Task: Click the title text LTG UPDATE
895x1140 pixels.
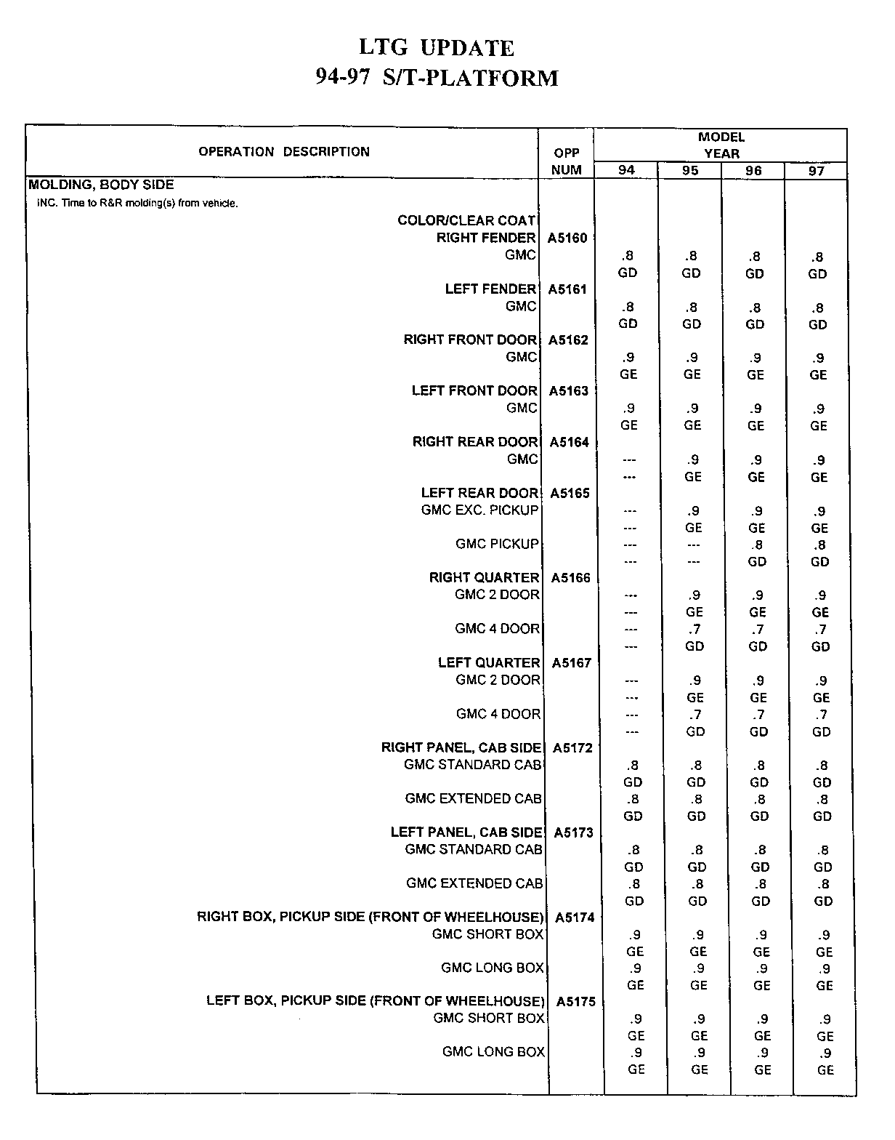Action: [x=437, y=48]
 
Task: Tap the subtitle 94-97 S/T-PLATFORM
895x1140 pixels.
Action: [x=437, y=78]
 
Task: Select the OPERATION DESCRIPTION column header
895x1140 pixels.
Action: [x=284, y=152]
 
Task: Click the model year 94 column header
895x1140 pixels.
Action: [x=626, y=170]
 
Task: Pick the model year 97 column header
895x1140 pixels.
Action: [x=817, y=171]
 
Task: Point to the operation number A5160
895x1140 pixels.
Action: [x=567, y=238]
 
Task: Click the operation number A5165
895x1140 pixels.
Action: [x=570, y=493]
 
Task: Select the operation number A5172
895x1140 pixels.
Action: [x=572, y=747]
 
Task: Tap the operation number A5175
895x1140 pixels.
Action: [x=575, y=1002]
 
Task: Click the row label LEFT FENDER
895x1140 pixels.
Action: [x=490, y=289]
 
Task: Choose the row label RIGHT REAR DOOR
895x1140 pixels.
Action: [x=475, y=441]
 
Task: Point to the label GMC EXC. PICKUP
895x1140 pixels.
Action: [x=479, y=510]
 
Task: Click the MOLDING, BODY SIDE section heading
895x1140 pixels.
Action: [x=101, y=185]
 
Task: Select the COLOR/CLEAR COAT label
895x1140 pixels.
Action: [x=466, y=220]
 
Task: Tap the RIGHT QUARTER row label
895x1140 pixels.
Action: [x=484, y=577]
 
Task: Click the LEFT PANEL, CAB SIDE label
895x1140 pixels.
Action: [x=466, y=832]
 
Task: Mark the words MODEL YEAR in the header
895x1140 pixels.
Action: [x=721, y=145]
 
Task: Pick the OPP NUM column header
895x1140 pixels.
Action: [x=567, y=161]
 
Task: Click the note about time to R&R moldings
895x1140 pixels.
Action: [x=137, y=204]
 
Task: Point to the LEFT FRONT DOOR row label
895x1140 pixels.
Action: [x=474, y=390]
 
